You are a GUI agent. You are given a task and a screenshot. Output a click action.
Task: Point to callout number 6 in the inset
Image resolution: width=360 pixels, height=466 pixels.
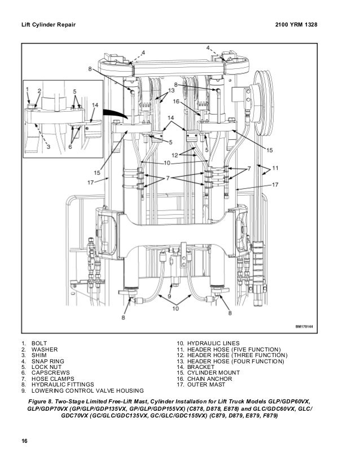71,147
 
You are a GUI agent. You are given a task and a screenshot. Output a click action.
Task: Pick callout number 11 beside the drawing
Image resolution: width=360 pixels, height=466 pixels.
275,168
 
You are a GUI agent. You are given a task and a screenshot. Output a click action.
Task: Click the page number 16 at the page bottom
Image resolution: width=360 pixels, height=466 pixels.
25,440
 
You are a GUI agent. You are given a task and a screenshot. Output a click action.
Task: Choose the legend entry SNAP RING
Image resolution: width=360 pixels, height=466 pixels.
48,361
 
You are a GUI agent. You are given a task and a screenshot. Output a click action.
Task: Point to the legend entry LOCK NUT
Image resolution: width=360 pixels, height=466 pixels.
47,367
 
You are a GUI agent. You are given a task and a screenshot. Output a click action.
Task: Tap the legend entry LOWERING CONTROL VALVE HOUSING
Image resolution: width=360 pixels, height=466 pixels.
87,390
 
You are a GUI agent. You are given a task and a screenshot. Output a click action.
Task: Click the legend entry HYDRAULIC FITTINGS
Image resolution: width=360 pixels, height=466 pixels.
62,385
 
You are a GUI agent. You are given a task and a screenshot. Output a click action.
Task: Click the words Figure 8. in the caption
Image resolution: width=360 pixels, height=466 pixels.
45,401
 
